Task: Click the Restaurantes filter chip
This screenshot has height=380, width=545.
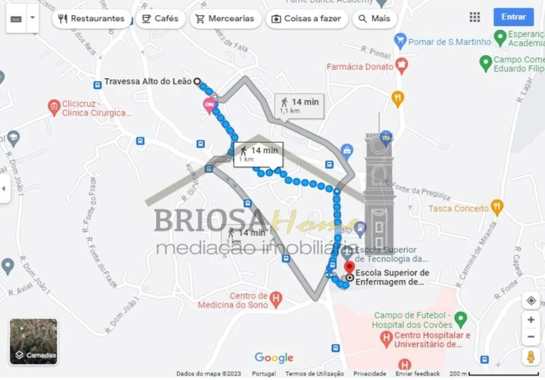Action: pos(91,19)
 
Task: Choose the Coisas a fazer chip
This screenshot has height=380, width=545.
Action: pos(306,19)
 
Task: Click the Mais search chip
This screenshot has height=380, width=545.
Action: pos(373,19)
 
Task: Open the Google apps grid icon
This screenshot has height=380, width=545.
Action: pos(474,17)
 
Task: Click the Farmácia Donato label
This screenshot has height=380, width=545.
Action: pos(360,67)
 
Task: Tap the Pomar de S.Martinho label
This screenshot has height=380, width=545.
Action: pos(448,42)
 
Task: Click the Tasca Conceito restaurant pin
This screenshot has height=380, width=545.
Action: pos(497,207)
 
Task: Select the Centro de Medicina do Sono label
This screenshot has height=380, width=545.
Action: pos(233,300)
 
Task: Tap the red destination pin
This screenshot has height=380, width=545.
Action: pos(348,268)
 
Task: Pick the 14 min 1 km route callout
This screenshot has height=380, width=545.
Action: pos(257,154)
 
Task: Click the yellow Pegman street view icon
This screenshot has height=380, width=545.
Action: pos(531,357)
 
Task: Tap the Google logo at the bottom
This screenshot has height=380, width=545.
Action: pos(274,358)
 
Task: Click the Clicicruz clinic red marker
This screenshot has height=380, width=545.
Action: pos(53,107)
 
